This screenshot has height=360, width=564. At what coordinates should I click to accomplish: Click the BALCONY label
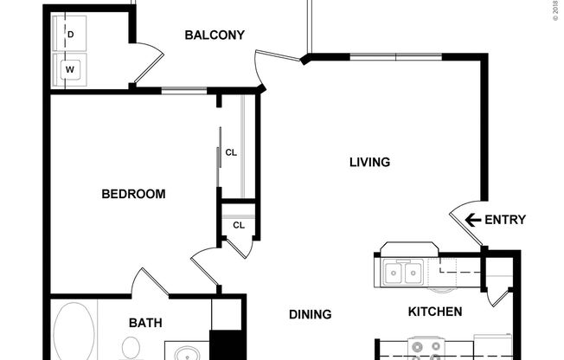coord(215,35)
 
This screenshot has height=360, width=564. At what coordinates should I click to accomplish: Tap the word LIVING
coord(369,162)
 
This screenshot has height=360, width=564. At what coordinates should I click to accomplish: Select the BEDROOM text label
coord(133,194)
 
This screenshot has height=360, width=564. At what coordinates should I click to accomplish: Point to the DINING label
coord(310,314)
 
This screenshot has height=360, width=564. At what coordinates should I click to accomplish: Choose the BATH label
coord(145,323)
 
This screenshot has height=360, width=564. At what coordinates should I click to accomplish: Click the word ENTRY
coord(504,220)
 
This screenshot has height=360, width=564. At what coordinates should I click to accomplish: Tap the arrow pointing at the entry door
coord(473,220)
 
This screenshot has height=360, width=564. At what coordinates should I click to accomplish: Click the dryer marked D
coord(68,35)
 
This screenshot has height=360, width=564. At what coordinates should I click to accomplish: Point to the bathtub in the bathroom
coord(74,333)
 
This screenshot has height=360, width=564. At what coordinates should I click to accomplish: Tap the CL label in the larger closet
coord(231,153)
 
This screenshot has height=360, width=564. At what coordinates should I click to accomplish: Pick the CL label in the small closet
coord(239,226)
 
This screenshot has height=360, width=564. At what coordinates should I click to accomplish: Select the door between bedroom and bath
coord(148,282)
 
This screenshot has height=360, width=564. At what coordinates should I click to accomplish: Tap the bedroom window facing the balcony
coord(183,89)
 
